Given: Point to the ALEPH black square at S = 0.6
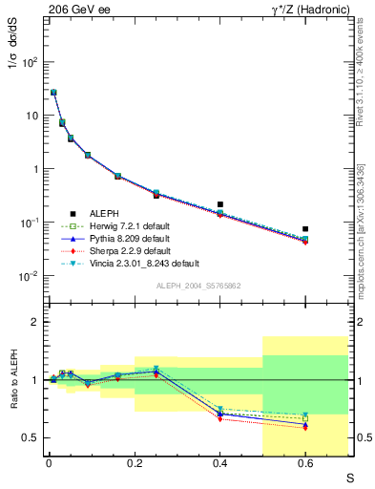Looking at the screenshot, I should pyautogui.click(x=305, y=229).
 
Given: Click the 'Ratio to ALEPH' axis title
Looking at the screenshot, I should pyautogui.click(x=13, y=380).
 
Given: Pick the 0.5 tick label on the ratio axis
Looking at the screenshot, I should pyautogui.click(x=31, y=438).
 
